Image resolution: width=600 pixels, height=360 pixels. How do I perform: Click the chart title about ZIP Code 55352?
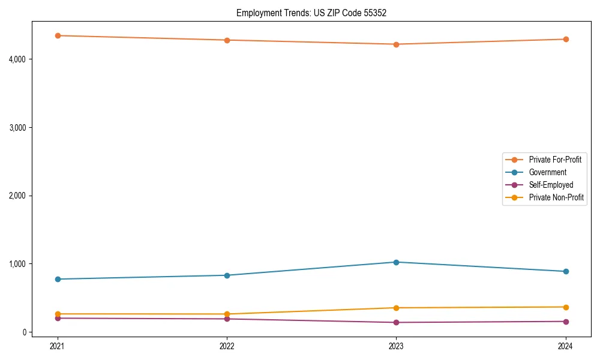point(307,13)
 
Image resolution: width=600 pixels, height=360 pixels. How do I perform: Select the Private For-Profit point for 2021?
point(58,35)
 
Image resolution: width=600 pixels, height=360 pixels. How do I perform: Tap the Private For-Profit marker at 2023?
point(396,44)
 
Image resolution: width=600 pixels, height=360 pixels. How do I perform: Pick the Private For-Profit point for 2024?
point(566,39)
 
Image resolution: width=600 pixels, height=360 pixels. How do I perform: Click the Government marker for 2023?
point(396,262)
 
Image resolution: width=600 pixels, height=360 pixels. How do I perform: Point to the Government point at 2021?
point(58,279)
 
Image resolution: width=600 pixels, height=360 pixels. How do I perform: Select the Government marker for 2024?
point(566,271)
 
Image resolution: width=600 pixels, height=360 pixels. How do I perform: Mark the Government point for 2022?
point(227,275)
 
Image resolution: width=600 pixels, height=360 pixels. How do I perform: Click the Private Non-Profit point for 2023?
point(396,308)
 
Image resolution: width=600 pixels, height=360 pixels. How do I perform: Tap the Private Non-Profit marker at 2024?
point(566,307)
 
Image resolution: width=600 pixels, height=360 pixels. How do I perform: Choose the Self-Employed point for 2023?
point(396,322)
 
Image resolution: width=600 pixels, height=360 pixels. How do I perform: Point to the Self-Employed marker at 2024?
point(566,322)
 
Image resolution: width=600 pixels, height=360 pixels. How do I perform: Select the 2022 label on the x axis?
point(227,346)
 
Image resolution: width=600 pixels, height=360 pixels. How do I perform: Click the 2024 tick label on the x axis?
point(566,346)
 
